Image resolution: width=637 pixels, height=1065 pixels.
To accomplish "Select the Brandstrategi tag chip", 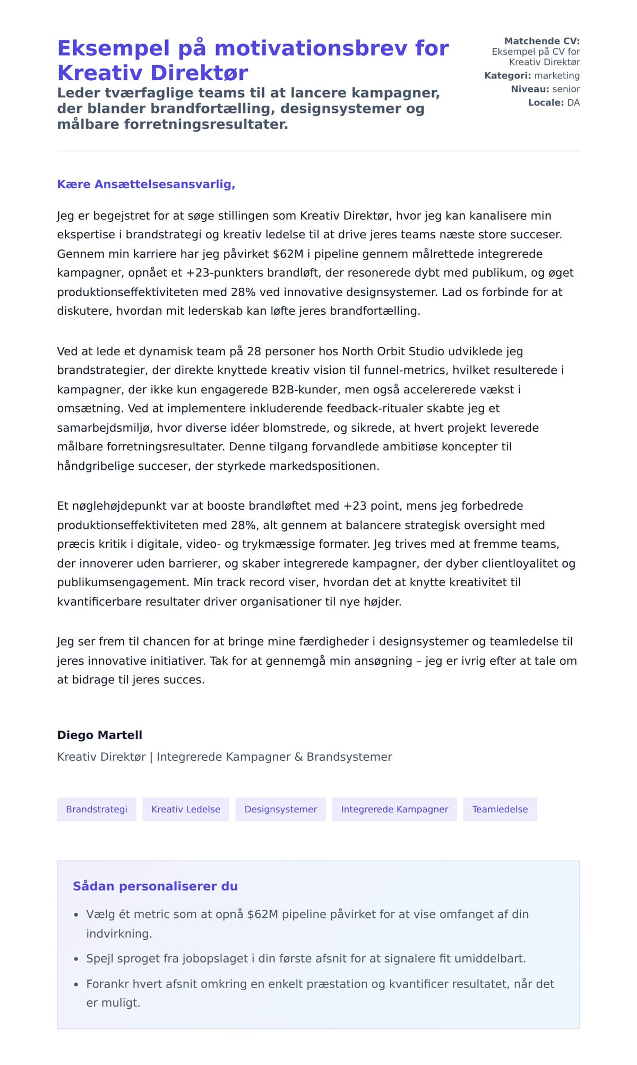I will pyautogui.click(x=97, y=809).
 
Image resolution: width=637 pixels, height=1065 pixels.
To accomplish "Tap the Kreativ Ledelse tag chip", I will pyautogui.click(x=186, y=809).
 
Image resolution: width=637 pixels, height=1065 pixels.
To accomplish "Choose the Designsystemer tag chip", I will pyautogui.click(x=280, y=809).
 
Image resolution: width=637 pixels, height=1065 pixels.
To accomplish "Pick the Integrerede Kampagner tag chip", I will pyautogui.click(x=394, y=809).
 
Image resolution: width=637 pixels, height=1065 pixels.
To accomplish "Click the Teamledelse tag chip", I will pyautogui.click(x=500, y=809).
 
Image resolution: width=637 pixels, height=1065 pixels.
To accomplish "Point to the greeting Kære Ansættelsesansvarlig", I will pyautogui.click(x=146, y=184).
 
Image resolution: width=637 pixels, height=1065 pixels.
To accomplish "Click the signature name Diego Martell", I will pyautogui.click(x=100, y=735).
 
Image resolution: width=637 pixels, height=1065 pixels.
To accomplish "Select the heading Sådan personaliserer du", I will pyautogui.click(x=155, y=886).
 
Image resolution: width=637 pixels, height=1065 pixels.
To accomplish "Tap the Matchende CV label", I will pyautogui.click(x=541, y=41).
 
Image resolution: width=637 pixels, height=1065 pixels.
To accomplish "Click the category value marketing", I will pyautogui.click(x=557, y=75).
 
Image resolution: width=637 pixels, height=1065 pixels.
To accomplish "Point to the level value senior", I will pyautogui.click(x=566, y=89).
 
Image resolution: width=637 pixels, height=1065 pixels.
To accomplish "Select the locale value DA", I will pyautogui.click(x=573, y=102).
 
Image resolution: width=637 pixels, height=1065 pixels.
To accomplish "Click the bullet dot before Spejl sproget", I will pyautogui.click(x=76, y=959).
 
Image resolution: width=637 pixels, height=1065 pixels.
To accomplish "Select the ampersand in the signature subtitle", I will pyautogui.click(x=298, y=757).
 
